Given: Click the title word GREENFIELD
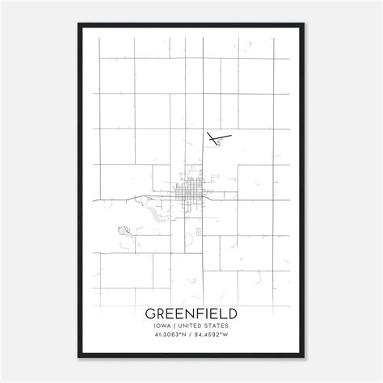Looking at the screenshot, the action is [191, 313].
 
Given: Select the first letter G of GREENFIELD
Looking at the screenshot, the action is [149, 313].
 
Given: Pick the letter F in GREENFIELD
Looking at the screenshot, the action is [196, 313].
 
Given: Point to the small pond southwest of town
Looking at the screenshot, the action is [124, 230].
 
